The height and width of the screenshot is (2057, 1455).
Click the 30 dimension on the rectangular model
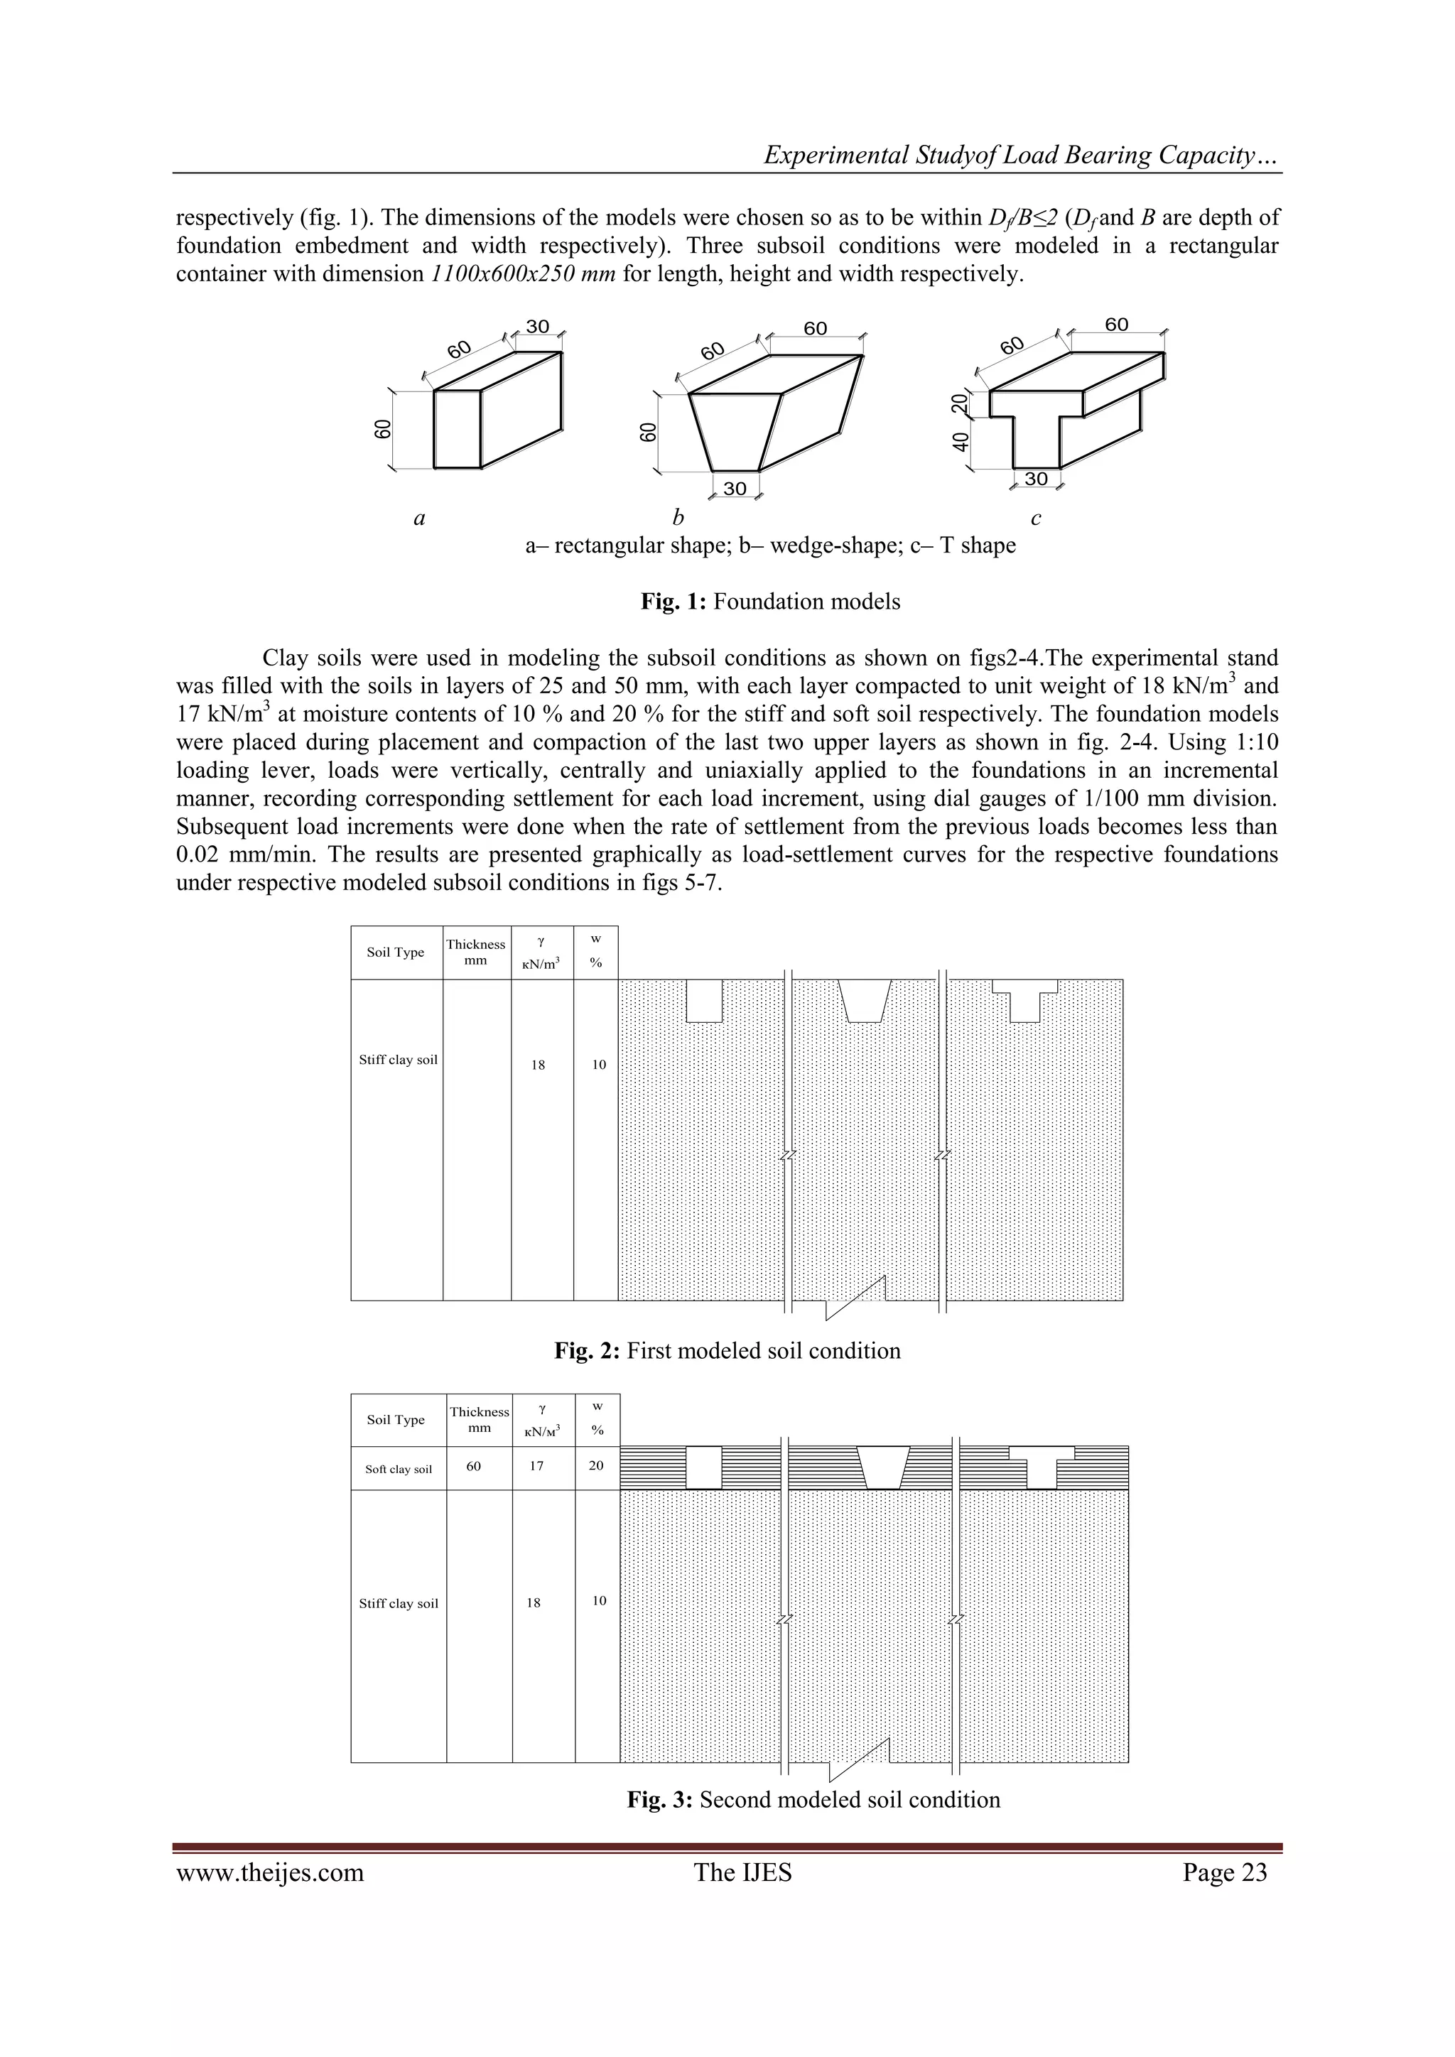point(538,327)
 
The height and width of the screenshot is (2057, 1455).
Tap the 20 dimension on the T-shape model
point(961,404)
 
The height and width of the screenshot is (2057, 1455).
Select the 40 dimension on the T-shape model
point(961,442)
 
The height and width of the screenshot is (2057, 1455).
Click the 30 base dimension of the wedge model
point(735,488)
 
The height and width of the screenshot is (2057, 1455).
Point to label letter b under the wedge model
point(678,518)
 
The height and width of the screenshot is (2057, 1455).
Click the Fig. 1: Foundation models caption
point(771,601)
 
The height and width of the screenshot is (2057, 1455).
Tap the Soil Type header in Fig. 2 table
point(396,952)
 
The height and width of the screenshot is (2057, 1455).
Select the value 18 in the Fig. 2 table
point(538,1065)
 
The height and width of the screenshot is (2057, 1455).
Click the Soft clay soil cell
point(399,1470)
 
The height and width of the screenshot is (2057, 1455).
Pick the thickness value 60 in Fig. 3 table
point(474,1466)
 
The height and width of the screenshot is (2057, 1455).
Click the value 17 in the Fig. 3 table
point(536,1466)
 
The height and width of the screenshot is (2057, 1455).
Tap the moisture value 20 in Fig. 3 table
point(597,1466)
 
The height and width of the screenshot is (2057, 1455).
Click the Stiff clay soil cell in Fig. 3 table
point(399,1604)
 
